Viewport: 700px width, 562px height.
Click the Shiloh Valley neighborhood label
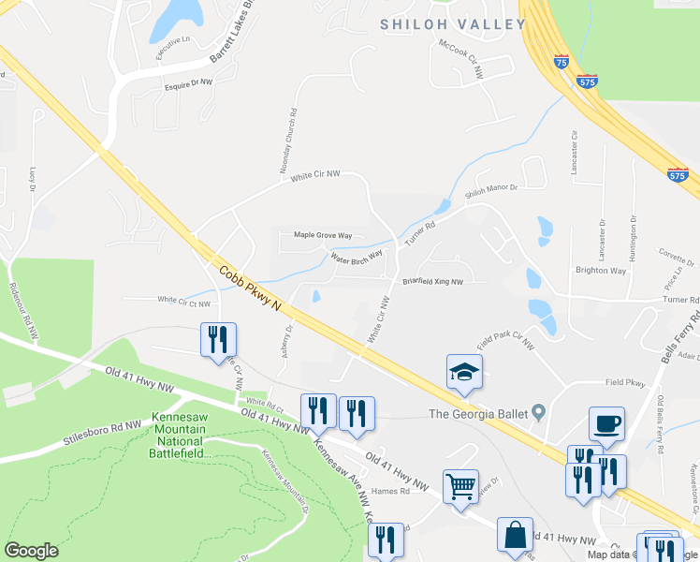[x=451, y=24]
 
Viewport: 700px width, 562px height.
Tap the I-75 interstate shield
[x=561, y=62]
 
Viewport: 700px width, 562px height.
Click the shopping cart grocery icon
[x=460, y=486]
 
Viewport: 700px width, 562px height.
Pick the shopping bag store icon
[x=515, y=535]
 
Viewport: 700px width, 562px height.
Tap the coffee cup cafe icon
[x=606, y=423]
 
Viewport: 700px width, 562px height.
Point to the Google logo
[x=31, y=551]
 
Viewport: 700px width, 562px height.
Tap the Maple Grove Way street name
[x=323, y=235]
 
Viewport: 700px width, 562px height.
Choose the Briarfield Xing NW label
[x=432, y=281]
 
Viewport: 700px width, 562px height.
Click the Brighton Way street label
[x=600, y=271]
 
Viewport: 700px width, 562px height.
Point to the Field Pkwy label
[x=625, y=382]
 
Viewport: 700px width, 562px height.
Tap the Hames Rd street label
[x=391, y=491]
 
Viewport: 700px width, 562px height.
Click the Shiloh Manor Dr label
[x=491, y=193]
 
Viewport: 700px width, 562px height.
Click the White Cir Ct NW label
[x=183, y=302]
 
